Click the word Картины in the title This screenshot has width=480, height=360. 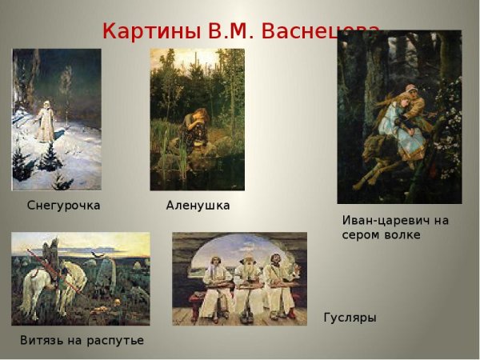(151, 31)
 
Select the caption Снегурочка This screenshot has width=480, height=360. (63, 206)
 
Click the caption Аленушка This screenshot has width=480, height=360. (198, 206)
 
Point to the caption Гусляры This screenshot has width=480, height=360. (350, 318)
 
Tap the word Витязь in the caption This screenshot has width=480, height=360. (41, 341)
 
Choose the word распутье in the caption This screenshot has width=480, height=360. (117, 341)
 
